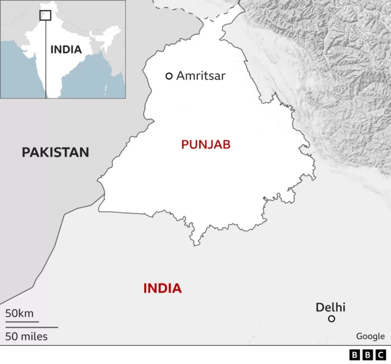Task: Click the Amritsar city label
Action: pos(201,76)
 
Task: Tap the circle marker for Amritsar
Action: pos(169,76)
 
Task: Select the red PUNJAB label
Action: pos(206,145)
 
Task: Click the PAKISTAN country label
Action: pos(56,152)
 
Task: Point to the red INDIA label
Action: pos(163,288)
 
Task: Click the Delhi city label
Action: pos(331,307)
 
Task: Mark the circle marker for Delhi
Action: pos(332,318)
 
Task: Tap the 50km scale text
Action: pos(20,313)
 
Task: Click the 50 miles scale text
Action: pos(26,336)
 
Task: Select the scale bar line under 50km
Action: pos(22,321)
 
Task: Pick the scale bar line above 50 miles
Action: pos(31,327)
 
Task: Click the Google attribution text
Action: pos(371,336)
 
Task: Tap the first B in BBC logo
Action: pos(355,354)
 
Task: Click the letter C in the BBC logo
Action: pos(381,354)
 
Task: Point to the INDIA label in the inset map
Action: pos(66,49)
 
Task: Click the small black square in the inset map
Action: pos(45,16)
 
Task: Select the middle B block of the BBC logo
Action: pos(368,354)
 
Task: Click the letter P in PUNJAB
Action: pos(185,145)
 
